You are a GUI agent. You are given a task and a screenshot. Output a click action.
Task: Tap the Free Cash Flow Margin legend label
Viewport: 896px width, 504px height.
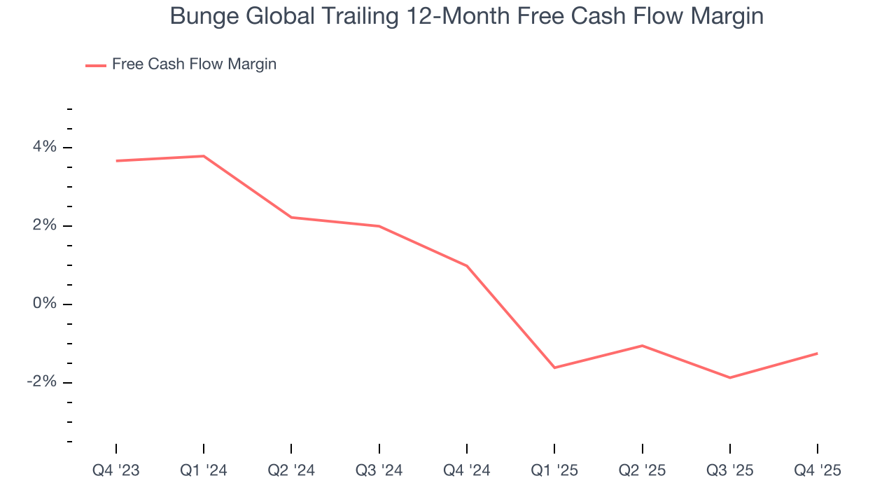point(194,64)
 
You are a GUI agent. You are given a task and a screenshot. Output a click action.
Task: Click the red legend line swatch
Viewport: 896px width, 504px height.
point(96,65)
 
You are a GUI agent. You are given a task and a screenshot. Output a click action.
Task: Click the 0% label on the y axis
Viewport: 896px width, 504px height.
point(44,304)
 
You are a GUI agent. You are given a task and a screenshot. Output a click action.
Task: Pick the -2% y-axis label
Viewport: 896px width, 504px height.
point(41,382)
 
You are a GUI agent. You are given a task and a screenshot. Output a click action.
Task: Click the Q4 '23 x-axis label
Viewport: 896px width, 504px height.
point(116,471)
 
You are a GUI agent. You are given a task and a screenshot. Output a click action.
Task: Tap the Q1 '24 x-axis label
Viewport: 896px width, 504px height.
point(204,471)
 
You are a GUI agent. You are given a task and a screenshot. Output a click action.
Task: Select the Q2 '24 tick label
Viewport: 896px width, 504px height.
point(291,471)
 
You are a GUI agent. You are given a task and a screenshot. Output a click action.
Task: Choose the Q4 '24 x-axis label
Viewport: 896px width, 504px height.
point(467,471)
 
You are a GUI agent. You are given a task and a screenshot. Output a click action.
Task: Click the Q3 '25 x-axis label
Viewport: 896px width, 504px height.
point(730,471)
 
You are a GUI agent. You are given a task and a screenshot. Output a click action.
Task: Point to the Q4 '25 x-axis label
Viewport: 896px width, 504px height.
point(818,471)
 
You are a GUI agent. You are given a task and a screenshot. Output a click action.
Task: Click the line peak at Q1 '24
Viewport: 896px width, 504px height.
point(204,156)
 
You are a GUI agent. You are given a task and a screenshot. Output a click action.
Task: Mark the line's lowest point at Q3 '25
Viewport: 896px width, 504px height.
point(730,378)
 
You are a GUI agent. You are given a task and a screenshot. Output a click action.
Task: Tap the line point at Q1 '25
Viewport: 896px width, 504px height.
point(554,367)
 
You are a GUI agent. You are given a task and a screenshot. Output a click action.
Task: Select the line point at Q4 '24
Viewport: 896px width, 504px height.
point(467,266)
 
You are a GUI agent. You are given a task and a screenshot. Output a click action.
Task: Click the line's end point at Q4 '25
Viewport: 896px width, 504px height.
point(818,353)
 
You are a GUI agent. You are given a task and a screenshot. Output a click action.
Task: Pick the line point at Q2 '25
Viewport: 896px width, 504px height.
point(642,345)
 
